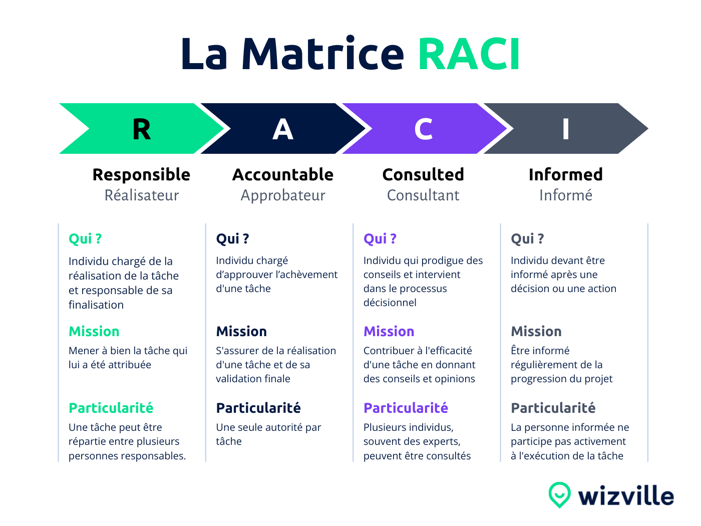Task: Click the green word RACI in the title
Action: (469, 54)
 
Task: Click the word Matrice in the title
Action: (322, 54)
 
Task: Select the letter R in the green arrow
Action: (142, 129)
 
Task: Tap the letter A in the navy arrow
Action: (283, 129)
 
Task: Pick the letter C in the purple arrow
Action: (424, 129)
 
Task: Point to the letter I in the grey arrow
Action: (566, 129)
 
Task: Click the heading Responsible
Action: (141, 174)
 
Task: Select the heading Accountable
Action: (283, 174)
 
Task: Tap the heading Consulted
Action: (423, 174)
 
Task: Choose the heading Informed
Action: (566, 174)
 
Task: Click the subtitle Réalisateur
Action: (142, 195)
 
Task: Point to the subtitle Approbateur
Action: (283, 195)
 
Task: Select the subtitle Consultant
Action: (423, 195)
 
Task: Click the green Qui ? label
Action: (85, 239)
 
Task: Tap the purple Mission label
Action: (389, 332)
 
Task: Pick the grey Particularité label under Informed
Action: (553, 408)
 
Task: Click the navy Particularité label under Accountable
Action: (258, 408)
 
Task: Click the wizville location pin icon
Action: (559, 494)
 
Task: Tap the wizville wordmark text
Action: (626, 496)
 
